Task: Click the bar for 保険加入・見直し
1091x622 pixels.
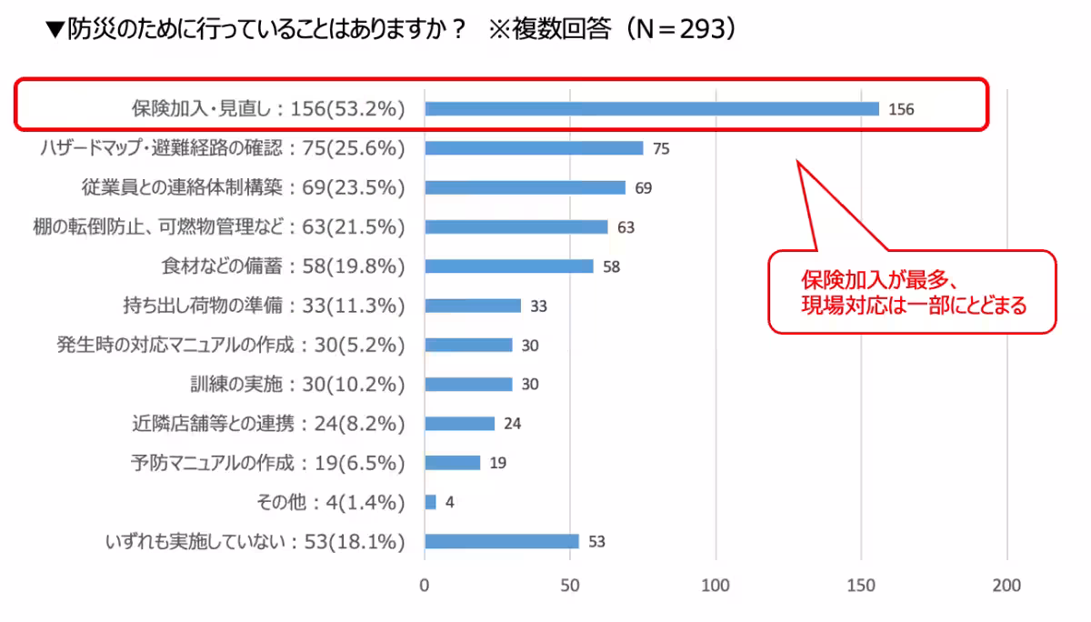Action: (651, 109)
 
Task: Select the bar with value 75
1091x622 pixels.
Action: (534, 148)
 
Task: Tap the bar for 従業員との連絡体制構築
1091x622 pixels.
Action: (525, 187)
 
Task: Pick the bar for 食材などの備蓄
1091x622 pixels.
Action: (508, 266)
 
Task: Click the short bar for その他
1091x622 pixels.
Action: (430, 502)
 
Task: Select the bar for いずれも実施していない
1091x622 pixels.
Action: (501, 542)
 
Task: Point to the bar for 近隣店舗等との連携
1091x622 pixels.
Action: (459, 424)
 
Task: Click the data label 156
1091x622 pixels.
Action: (901, 110)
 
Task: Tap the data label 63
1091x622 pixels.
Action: (626, 227)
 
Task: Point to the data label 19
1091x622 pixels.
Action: (497, 464)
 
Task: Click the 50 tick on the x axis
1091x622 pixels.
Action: (570, 585)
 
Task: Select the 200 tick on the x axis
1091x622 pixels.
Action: (1007, 585)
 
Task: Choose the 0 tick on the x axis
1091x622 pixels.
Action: (425, 585)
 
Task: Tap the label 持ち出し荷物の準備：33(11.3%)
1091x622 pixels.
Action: (263, 306)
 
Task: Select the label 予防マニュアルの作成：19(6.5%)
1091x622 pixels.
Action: (267, 463)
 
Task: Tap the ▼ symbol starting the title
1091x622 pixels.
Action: (55, 30)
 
